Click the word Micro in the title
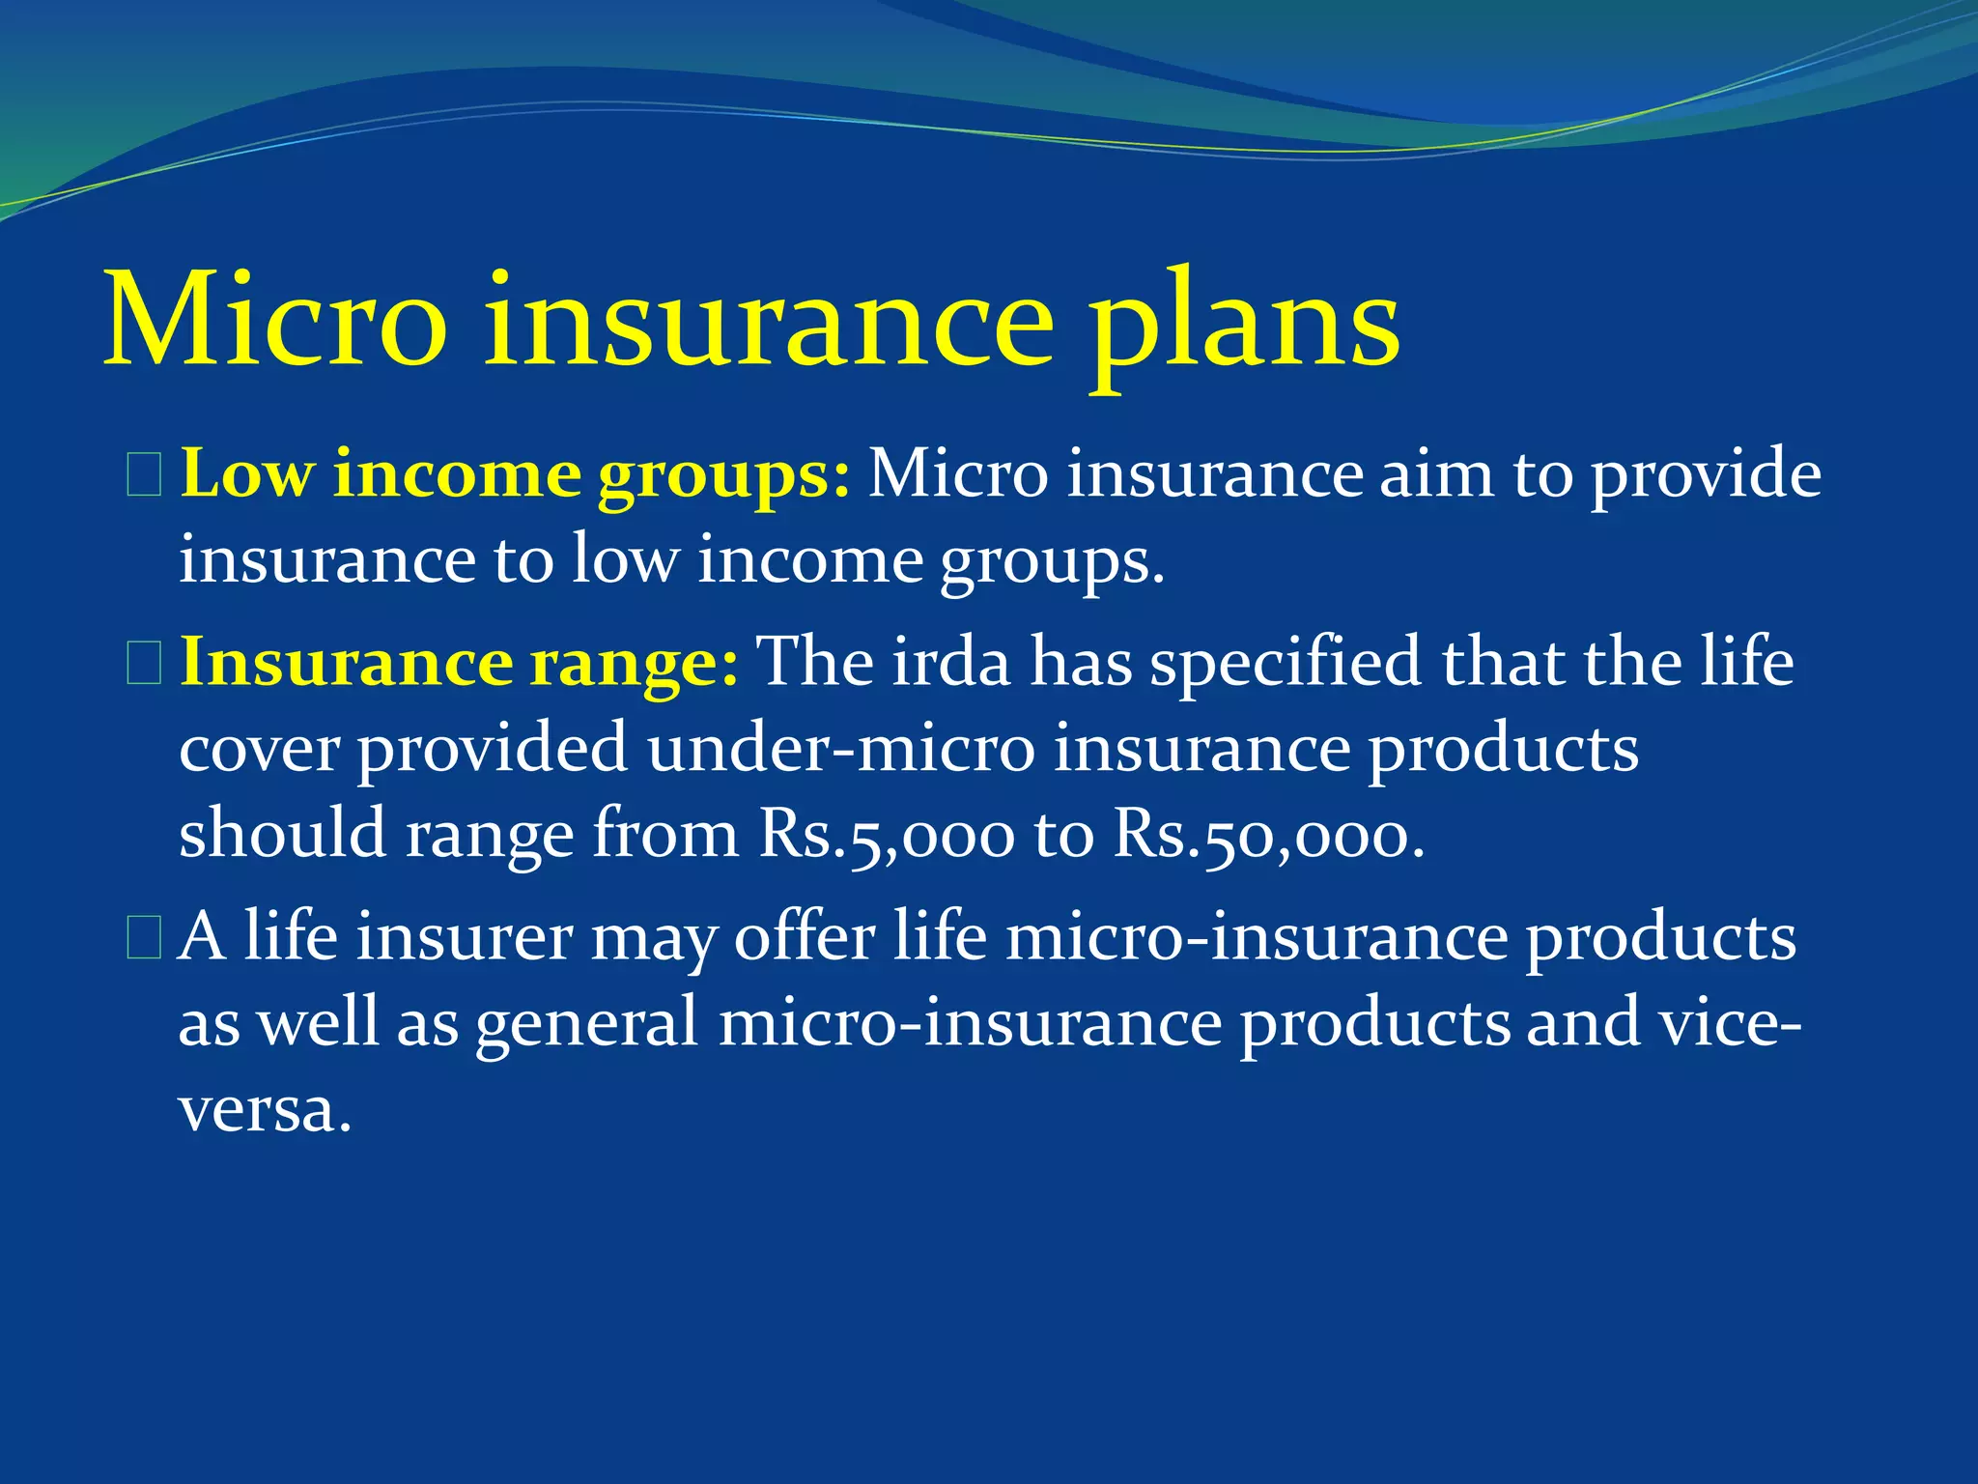point(274,319)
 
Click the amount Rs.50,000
point(1269,835)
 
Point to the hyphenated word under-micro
point(841,749)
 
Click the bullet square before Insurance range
point(145,666)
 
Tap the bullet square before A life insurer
point(145,940)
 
